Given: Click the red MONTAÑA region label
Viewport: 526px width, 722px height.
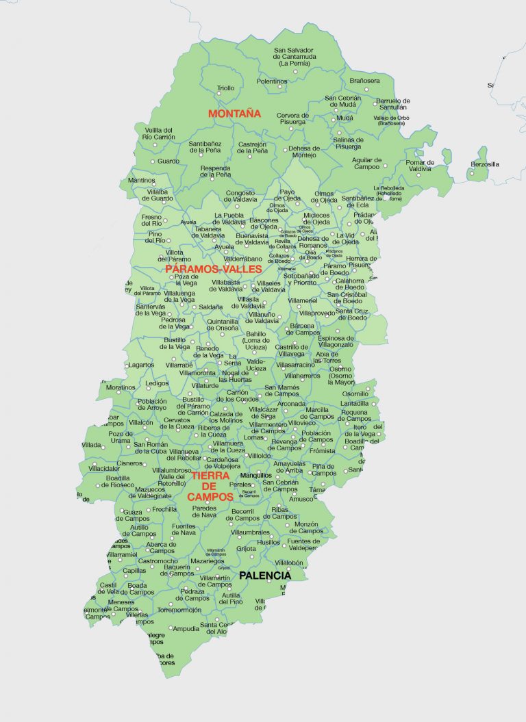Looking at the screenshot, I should pos(234,114).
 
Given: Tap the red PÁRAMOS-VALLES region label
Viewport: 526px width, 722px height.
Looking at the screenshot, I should pos(214,269).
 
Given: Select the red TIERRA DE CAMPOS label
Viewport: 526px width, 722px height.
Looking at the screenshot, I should pos(211,486).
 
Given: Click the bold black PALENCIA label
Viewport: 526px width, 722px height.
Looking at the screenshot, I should pos(264,576).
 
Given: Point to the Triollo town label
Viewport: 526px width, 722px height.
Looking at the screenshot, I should pos(225,88).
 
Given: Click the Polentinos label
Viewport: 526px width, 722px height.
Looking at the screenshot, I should pos(272,81).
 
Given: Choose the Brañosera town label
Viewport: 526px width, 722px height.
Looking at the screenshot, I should pos(364,81).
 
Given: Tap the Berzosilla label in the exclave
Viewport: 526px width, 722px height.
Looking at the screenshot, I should pos(485,164).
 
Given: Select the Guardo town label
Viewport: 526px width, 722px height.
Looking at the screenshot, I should pos(168,162).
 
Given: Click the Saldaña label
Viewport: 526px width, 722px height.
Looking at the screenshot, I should pos(212,307).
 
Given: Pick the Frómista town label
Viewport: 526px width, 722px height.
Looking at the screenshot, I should pos(322,451).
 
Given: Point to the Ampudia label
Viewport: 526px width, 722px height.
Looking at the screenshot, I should pos(186,628).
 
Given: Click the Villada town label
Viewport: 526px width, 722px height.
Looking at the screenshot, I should pos(91,445).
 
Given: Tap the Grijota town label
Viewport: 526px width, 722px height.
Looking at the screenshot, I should pos(246,548).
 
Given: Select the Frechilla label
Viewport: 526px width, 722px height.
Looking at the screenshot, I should pos(164,509).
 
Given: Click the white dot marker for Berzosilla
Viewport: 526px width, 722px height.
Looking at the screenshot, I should pos(471,173).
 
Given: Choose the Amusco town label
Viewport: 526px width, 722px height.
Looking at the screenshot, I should pos(301,500).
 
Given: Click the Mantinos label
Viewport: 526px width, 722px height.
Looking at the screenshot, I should pos(142,180).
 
